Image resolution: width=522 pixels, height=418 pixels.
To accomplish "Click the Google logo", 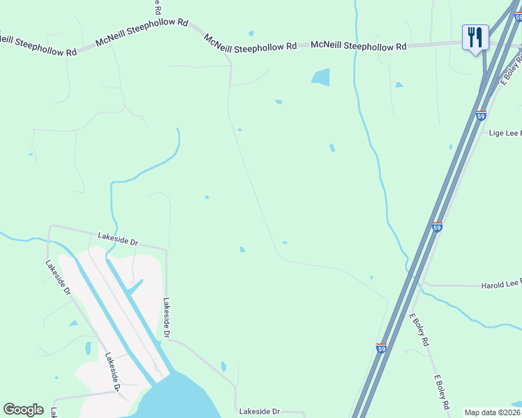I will pyautogui.click(x=23, y=410).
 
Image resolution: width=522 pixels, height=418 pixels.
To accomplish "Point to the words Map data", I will pyautogui.click(x=480, y=412).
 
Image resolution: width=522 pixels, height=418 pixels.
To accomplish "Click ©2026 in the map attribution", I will pyautogui.click(x=509, y=412).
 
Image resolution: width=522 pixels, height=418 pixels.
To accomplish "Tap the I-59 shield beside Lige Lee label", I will pyautogui.click(x=481, y=116).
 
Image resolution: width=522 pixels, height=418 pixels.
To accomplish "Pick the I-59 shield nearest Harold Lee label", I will pyautogui.click(x=437, y=227).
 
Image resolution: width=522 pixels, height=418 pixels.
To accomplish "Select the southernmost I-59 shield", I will pyautogui.click(x=381, y=348).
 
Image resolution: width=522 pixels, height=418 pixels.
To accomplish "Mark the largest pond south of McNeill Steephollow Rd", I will pyautogui.click(x=321, y=77).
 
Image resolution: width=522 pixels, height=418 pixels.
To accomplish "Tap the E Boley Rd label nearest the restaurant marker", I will pyautogui.click(x=509, y=70).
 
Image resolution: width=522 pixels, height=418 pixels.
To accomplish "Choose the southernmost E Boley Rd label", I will pyautogui.click(x=445, y=392).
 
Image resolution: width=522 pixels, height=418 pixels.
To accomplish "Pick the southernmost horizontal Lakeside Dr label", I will pyautogui.click(x=259, y=412).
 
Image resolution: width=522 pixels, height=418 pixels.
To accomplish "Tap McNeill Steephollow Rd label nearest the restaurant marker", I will pyautogui.click(x=359, y=46).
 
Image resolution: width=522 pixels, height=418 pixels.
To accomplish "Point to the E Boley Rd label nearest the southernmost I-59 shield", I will pyautogui.click(x=418, y=330).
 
